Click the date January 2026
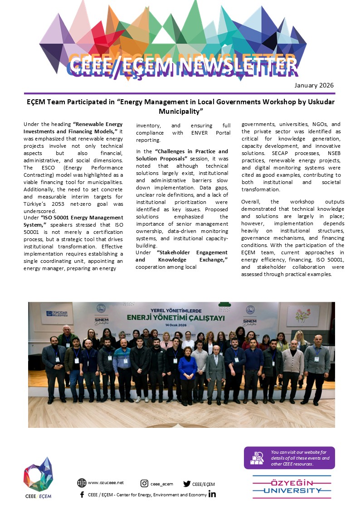tap(314, 85)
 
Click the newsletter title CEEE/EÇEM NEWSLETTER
tap(183, 66)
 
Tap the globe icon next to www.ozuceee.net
tap(82, 483)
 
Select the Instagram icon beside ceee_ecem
tap(145, 484)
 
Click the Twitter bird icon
tap(187, 484)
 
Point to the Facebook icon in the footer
tap(82, 494)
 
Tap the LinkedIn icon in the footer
tap(212, 494)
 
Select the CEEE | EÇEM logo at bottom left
tap(38, 478)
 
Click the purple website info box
tap(289, 458)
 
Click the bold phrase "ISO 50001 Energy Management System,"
tap(73, 221)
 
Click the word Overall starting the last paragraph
tap(251, 202)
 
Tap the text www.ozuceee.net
tap(106, 483)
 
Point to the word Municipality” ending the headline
tap(180, 111)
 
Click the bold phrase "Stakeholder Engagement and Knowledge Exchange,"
tap(181, 256)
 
